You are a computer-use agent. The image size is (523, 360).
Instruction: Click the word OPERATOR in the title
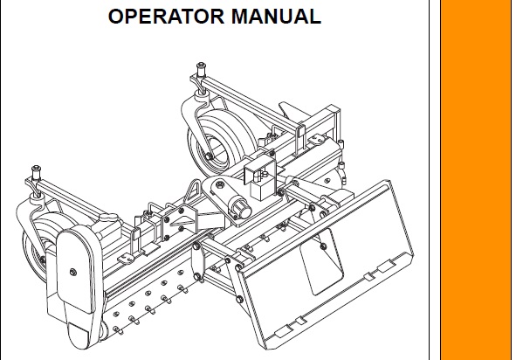tap(167, 16)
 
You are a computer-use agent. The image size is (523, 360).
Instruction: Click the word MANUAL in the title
tap(276, 16)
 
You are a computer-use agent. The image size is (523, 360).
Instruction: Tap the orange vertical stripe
tap(476, 180)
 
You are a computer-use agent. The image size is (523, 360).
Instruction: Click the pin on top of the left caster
tap(36, 172)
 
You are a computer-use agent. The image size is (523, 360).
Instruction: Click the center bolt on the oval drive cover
tap(73, 272)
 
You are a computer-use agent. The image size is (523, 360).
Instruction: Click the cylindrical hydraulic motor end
tap(241, 207)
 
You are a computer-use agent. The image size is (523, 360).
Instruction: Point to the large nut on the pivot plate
tap(220, 184)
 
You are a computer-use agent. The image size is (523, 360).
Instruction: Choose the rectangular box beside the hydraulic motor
tap(264, 189)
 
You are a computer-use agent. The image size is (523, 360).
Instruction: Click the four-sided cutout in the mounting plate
tap(321, 262)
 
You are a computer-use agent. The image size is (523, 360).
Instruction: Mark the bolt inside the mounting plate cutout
tap(323, 246)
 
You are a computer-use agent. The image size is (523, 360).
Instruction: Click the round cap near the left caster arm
tap(108, 218)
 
